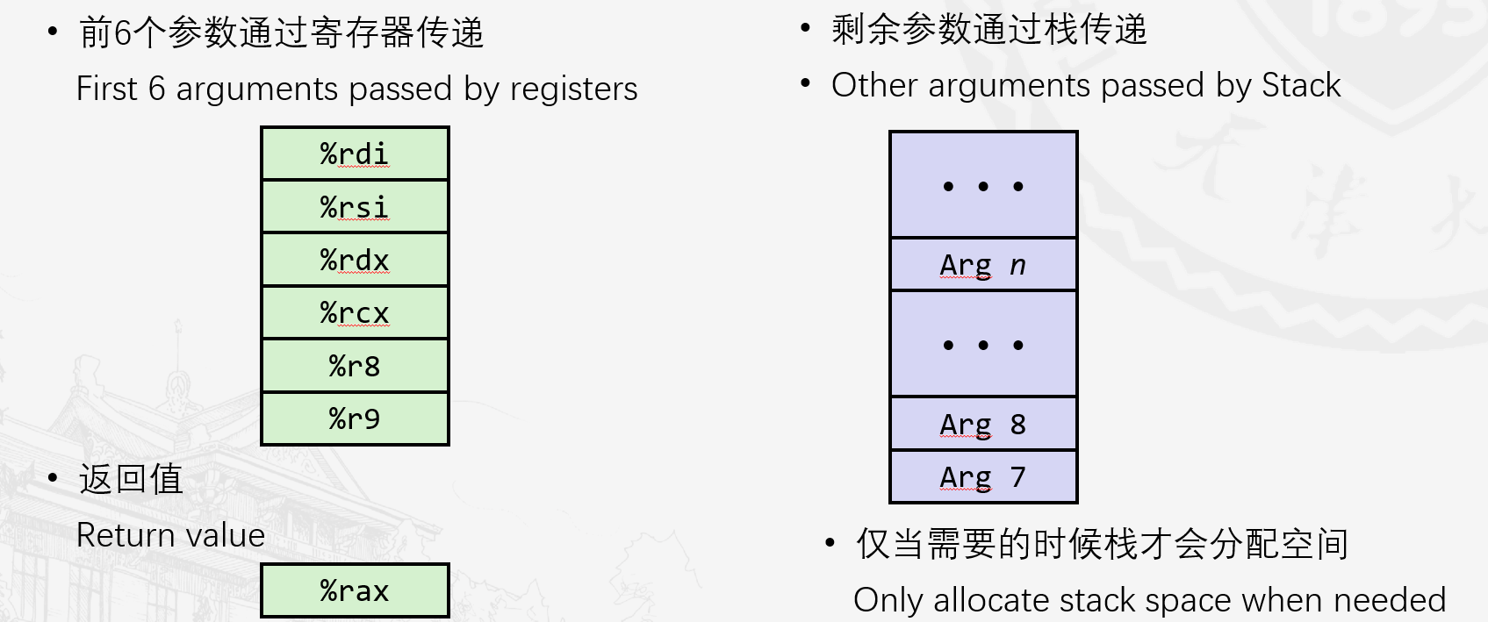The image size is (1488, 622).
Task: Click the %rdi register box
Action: pos(355,154)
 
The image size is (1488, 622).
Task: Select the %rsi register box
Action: pos(355,207)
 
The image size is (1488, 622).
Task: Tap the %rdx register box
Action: pos(355,260)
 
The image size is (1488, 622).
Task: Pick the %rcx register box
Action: pos(355,312)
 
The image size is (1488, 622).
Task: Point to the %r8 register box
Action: pos(355,366)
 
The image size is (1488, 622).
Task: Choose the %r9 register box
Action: pos(355,418)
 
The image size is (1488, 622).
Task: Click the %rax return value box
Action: pos(355,590)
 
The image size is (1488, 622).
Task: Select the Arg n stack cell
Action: pos(983,264)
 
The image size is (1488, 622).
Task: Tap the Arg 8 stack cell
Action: pos(983,424)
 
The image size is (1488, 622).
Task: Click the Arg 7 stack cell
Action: pos(983,476)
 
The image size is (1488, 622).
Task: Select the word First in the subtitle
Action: pos(107,89)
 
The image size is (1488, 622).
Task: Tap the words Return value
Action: pos(170,535)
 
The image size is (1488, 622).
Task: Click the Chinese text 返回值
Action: pos(131,479)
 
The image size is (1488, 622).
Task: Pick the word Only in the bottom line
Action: pos(888,600)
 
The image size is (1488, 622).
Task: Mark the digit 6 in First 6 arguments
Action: pos(156,89)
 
